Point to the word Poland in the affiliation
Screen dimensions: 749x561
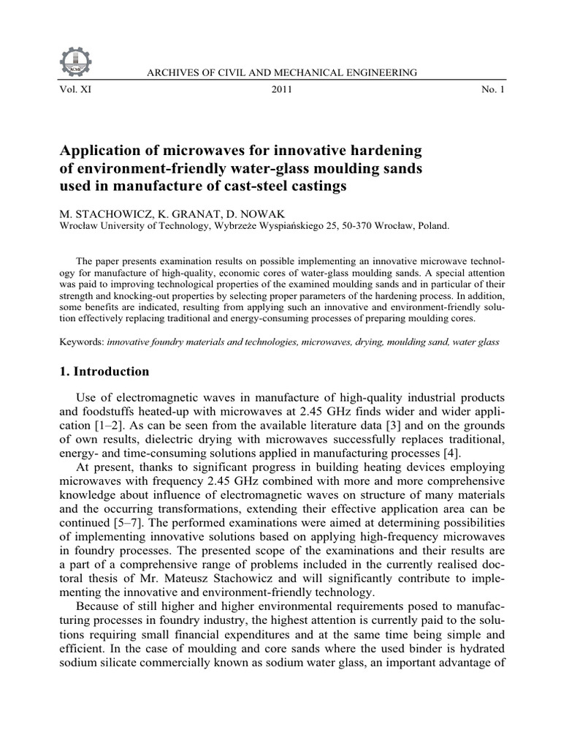pyautogui.click(x=432, y=226)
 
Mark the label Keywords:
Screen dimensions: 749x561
pyautogui.click(x=81, y=342)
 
